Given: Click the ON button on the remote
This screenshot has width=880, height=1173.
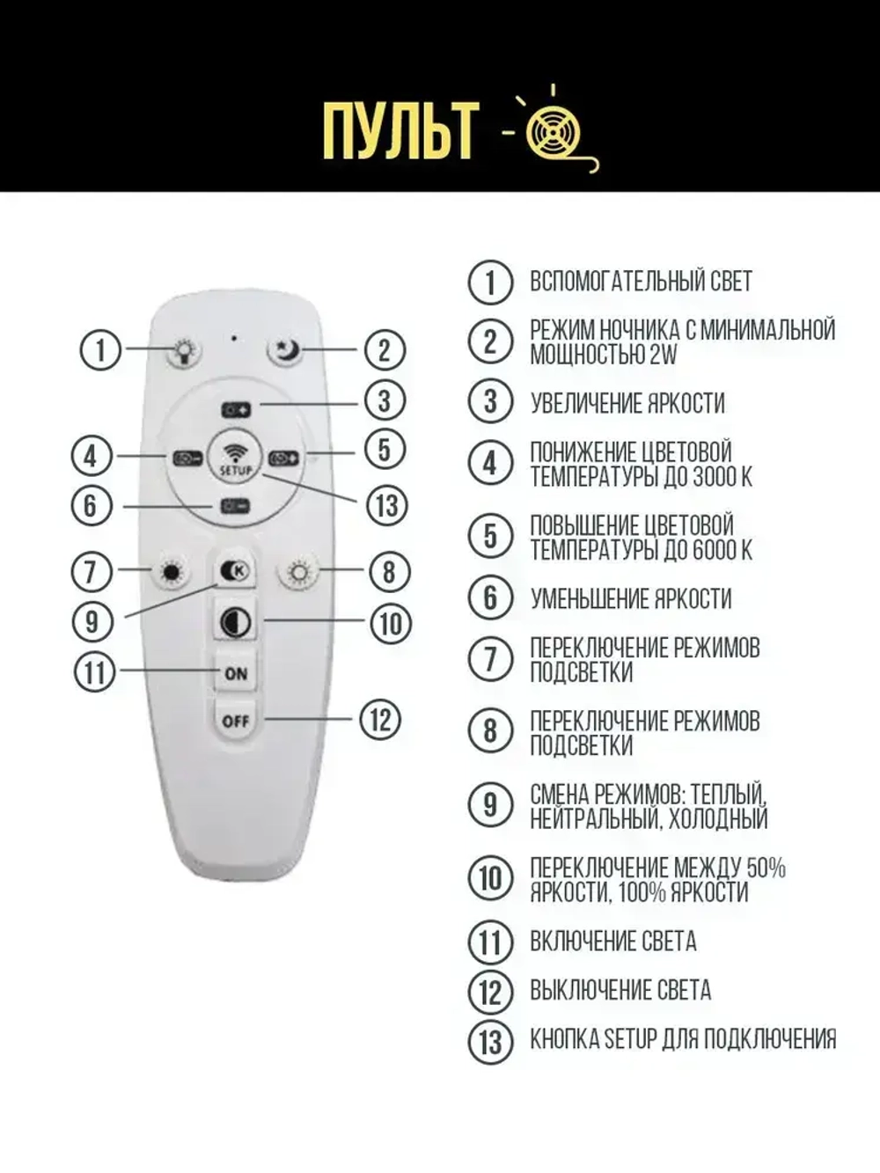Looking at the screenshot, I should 236,673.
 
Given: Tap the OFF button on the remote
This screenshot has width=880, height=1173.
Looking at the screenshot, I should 236,721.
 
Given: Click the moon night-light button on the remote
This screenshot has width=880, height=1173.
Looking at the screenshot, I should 284,351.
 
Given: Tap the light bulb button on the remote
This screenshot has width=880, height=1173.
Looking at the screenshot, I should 184,351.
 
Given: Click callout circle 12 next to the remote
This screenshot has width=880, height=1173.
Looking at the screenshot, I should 380,720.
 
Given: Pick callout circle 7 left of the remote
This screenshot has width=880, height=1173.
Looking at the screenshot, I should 91,572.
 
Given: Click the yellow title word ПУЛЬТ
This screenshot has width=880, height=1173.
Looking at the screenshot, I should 400,130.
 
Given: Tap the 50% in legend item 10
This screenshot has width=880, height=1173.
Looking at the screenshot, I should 765,868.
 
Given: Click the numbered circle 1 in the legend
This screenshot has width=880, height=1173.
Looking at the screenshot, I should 490,282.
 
